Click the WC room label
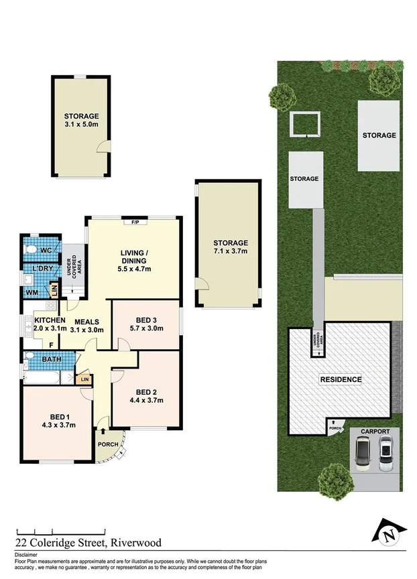(46, 251)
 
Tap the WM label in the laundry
(32, 292)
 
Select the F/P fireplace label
(135, 221)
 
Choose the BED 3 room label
(145, 319)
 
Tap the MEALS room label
(87, 321)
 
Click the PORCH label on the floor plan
(107, 444)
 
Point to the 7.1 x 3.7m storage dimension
(231, 251)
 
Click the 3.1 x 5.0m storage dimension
(81, 125)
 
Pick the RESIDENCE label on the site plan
(340, 380)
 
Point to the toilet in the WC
(29, 249)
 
